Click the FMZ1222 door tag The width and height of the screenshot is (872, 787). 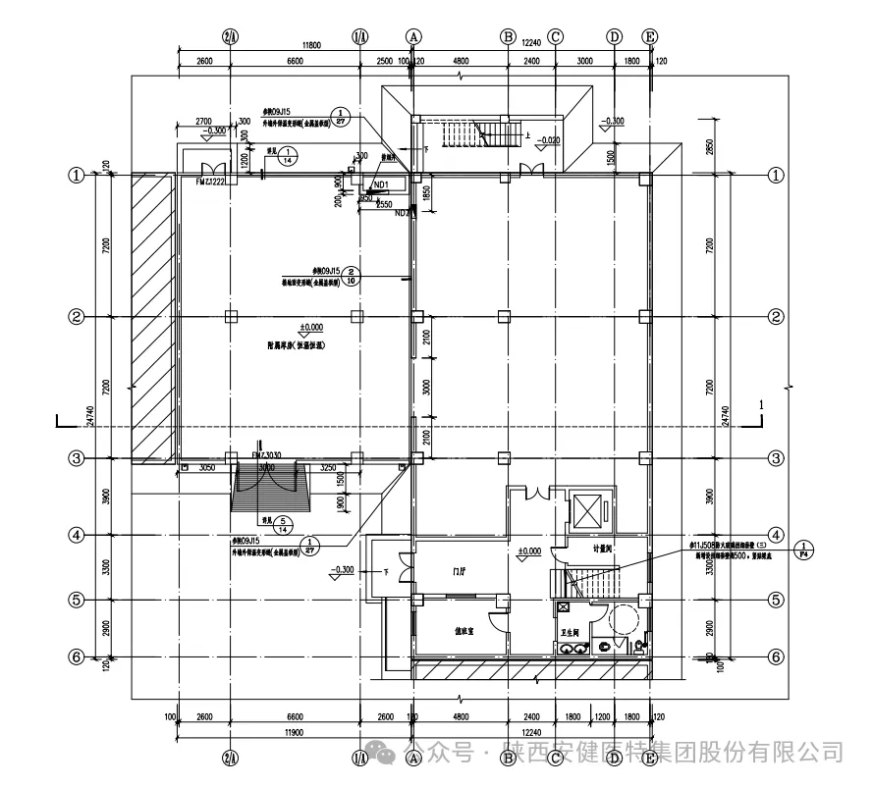(211, 182)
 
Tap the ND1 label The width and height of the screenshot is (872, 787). (381, 184)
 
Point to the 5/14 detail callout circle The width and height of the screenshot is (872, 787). (283, 523)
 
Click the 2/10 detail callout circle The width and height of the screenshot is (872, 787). (352, 276)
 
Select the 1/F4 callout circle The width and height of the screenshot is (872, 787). (803, 550)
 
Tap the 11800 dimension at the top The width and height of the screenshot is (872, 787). (312, 45)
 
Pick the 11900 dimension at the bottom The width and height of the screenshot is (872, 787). (291, 732)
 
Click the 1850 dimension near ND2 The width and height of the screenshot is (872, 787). (425, 193)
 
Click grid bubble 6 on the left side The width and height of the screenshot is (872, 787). (75, 656)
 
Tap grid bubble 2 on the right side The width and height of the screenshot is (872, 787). (775, 317)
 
